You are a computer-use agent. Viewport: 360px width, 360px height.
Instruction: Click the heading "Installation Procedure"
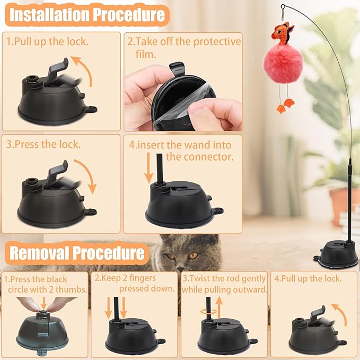[x=87, y=15]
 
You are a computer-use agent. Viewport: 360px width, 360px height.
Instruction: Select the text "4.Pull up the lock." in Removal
[x=308, y=278]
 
